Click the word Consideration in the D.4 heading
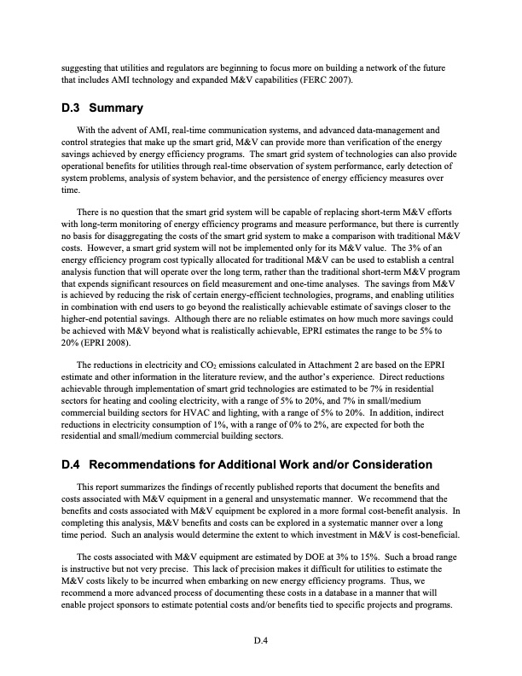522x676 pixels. tap(383, 465)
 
